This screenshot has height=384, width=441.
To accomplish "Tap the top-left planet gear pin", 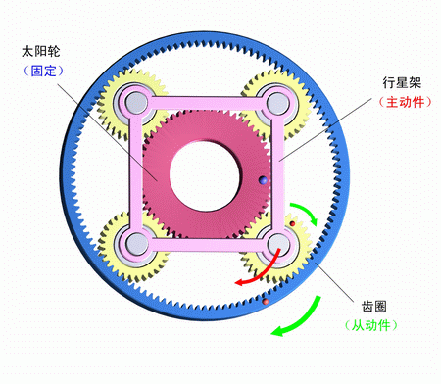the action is coord(133,102).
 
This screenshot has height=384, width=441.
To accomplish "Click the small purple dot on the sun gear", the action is coord(261,180).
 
